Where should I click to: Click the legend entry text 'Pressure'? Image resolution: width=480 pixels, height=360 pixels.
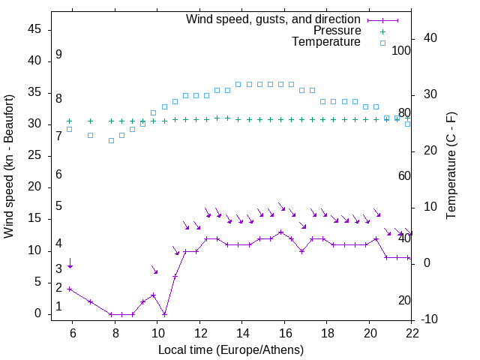pyautogui.click(x=337, y=31)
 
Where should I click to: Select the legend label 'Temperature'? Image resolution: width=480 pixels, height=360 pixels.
pyautogui.click(x=326, y=42)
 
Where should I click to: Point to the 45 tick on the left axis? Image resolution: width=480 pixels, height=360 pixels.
pyautogui.click(x=34, y=29)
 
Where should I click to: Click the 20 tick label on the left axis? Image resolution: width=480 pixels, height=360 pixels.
pyautogui.click(x=34, y=187)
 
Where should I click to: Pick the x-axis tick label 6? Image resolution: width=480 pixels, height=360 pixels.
pyautogui.click(x=73, y=334)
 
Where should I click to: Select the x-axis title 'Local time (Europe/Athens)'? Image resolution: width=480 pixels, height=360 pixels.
pyautogui.click(x=231, y=349)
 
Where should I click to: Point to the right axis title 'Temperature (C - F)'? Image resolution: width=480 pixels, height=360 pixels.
pyautogui.click(x=451, y=166)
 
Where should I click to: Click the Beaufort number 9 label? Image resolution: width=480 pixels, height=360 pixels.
pyautogui.click(x=58, y=55)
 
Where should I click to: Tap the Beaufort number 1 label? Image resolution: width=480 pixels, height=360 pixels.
pyautogui.click(x=58, y=307)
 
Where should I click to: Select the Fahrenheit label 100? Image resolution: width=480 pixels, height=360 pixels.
pyautogui.click(x=401, y=51)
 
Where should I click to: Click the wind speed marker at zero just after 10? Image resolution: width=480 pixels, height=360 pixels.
pyautogui.click(x=164, y=314)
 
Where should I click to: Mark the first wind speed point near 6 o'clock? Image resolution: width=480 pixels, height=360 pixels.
pyautogui.click(x=70, y=289)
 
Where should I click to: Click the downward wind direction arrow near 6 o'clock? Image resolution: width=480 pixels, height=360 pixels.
pyautogui.click(x=70, y=263)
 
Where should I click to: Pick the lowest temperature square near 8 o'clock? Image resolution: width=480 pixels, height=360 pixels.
pyautogui.click(x=111, y=140)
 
